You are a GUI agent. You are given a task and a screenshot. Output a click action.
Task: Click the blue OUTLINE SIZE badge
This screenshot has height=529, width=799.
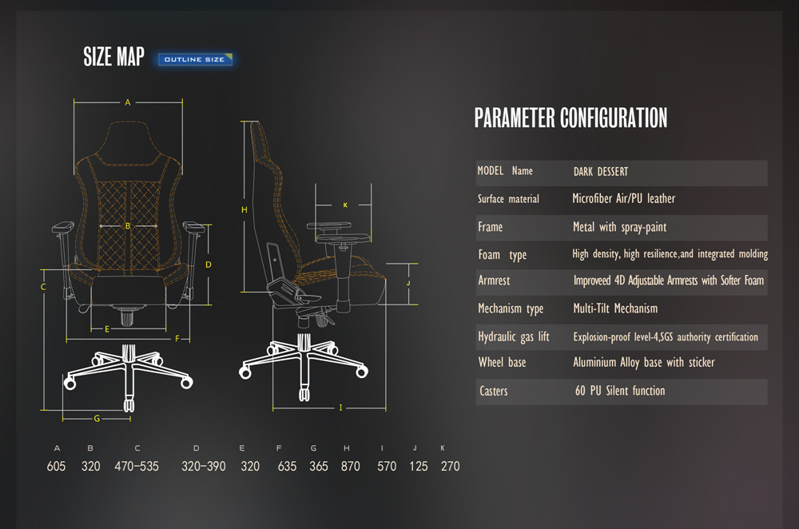195,60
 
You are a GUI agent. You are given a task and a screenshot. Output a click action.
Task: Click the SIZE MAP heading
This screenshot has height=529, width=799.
113,57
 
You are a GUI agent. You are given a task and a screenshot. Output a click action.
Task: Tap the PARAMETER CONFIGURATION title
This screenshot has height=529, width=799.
570,117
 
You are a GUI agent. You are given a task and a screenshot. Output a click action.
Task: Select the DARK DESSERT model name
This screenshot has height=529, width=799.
601,172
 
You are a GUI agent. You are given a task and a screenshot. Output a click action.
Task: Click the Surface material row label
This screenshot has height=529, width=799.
508,199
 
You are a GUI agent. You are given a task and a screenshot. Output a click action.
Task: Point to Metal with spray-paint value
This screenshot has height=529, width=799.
619,227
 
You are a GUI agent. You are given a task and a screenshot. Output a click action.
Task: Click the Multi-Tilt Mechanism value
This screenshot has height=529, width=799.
615,308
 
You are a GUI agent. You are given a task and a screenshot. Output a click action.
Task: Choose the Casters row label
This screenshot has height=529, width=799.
493,391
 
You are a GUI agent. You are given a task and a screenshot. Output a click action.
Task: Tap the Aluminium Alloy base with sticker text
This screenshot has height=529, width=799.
643,362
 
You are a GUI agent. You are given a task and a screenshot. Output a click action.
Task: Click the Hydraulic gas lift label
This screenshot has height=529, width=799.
513,337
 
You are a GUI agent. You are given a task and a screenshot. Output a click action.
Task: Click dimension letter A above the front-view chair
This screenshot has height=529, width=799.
128,102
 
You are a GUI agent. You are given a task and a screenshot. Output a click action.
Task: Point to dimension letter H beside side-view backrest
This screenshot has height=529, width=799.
244,209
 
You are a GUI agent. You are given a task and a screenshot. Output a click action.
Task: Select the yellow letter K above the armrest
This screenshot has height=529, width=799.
345,205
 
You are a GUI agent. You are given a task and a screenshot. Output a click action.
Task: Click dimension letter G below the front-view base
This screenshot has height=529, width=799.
97,419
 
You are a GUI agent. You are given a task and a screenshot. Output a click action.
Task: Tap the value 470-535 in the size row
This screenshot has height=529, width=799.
137,467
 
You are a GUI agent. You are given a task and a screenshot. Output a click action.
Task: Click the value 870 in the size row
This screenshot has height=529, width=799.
351,467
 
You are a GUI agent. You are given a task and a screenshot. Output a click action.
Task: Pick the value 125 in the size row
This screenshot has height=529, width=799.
419,467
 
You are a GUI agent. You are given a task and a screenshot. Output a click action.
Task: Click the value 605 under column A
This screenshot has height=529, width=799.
56,467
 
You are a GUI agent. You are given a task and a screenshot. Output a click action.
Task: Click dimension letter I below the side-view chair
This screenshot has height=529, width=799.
340,408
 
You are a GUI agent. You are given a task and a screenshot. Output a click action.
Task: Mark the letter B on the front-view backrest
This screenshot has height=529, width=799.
128,226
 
